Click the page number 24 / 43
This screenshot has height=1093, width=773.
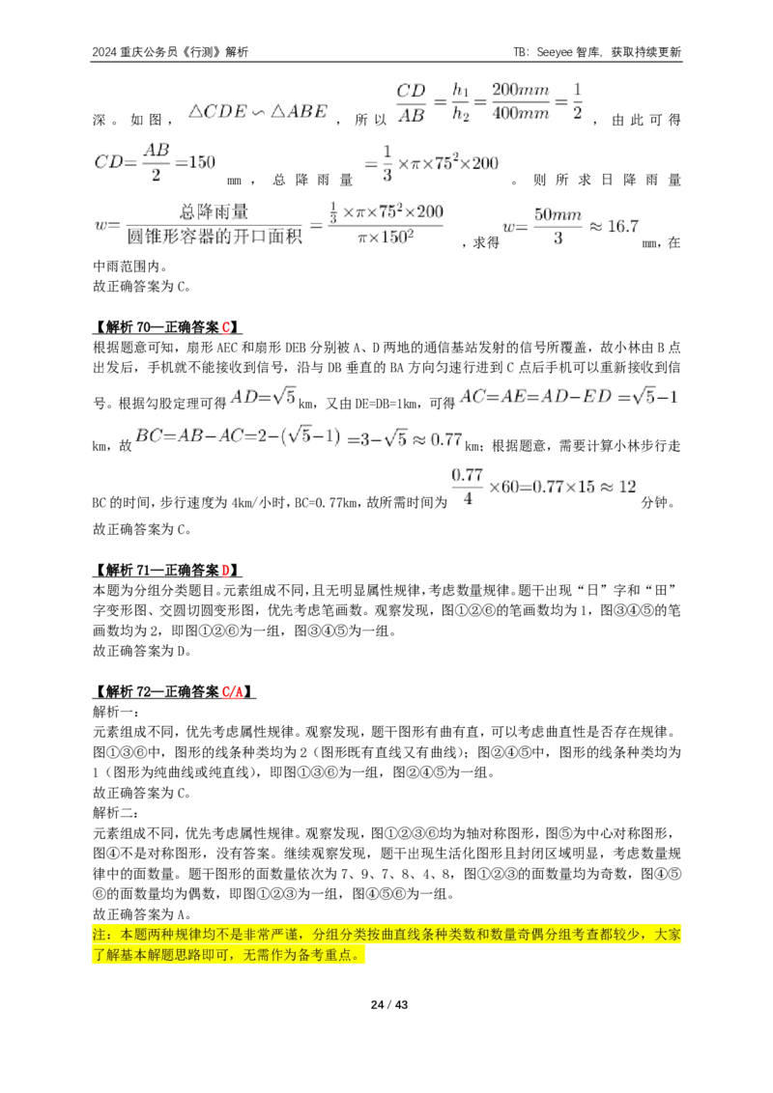click(388, 1004)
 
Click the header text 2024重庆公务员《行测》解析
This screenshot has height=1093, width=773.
click(170, 52)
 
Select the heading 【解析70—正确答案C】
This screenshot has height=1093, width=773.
click(167, 327)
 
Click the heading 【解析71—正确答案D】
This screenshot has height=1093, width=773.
click(167, 571)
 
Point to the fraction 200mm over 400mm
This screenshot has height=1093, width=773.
click(521, 101)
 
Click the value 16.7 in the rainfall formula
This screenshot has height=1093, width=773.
click(623, 227)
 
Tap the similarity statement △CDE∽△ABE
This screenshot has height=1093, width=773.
click(258, 112)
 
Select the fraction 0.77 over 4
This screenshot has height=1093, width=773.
click(468, 488)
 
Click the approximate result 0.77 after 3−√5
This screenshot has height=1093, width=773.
click(445, 440)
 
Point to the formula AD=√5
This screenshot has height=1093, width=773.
click(264, 398)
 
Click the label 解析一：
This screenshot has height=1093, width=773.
click(116, 712)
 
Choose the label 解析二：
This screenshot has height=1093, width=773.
click(116, 813)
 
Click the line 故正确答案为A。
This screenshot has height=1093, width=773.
click(142, 913)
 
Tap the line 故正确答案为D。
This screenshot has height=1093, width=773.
click(142, 651)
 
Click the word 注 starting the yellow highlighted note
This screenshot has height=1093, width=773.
click(100, 934)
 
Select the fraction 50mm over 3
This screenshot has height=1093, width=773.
click(558, 227)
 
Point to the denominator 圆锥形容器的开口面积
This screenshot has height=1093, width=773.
click(215, 237)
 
